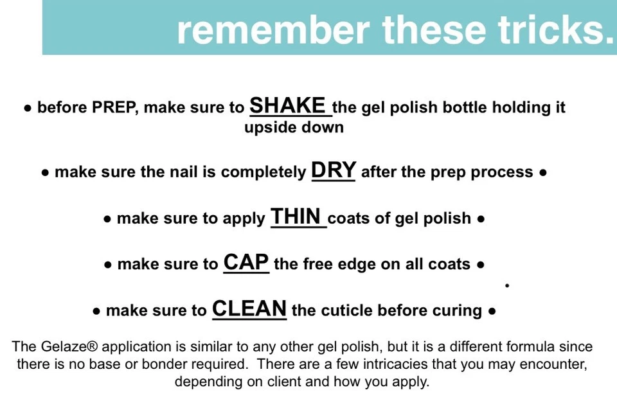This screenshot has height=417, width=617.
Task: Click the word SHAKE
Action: pos(288,105)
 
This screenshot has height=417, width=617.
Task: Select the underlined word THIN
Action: pos(296,217)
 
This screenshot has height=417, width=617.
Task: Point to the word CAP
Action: pos(246,262)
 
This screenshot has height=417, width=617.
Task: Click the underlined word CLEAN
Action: pos(249,308)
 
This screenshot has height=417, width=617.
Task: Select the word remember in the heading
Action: pos(274,30)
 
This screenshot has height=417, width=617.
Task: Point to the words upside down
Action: pos(294,127)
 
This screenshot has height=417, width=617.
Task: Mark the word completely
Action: pos(264,173)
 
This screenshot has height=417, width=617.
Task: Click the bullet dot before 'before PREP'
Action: pos(28,108)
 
